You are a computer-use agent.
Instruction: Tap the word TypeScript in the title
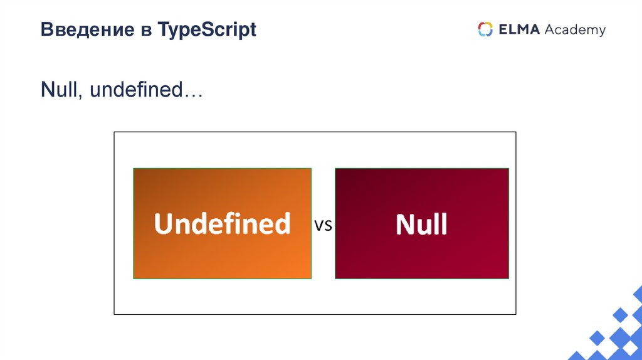(208, 30)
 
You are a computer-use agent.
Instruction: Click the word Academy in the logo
(575, 30)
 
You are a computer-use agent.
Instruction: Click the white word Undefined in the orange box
(222, 224)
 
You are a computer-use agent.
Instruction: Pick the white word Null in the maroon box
(421, 224)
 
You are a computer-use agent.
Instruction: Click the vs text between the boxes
(323, 226)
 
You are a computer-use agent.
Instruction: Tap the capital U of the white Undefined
(164, 224)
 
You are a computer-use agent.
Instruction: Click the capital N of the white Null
(405, 224)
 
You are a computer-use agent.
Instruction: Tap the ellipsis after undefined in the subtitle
(192, 95)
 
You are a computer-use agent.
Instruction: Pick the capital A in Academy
(550, 29)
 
